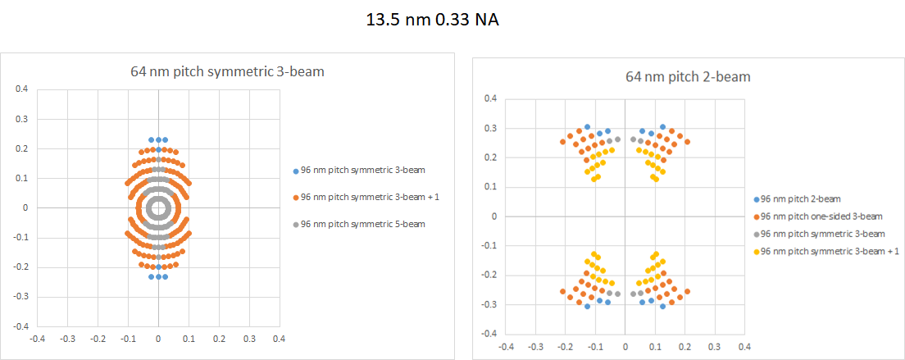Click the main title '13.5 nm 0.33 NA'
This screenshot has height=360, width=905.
click(432, 21)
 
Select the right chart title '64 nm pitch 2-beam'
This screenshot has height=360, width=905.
click(688, 77)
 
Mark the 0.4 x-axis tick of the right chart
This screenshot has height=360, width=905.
click(744, 347)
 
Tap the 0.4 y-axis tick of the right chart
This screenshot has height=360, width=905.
click(491, 99)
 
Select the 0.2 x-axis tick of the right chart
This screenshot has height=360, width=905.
click(684, 347)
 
